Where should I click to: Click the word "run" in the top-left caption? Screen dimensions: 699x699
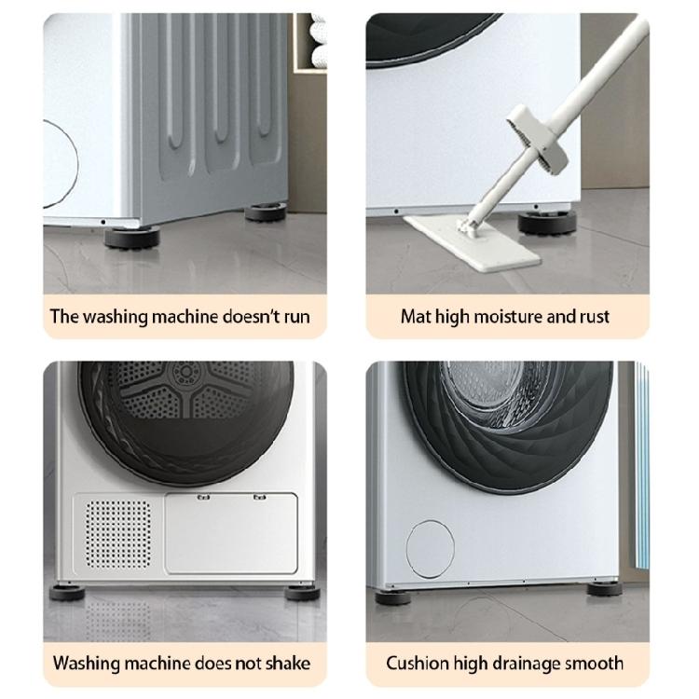coord(294,317)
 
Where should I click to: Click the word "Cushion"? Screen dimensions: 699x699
coord(418,665)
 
